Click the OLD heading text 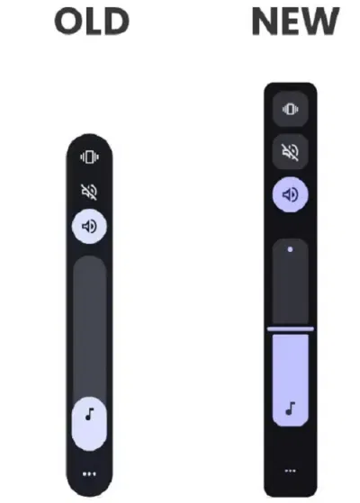(x=92, y=22)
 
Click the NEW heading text (x=295, y=22)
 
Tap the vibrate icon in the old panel (x=89, y=157)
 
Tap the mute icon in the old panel (x=89, y=192)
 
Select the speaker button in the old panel (x=89, y=226)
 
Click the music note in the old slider (x=90, y=414)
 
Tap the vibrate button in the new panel (x=291, y=109)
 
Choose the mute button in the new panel (x=291, y=151)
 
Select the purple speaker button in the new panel (x=291, y=194)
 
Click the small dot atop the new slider (x=290, y=249)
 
